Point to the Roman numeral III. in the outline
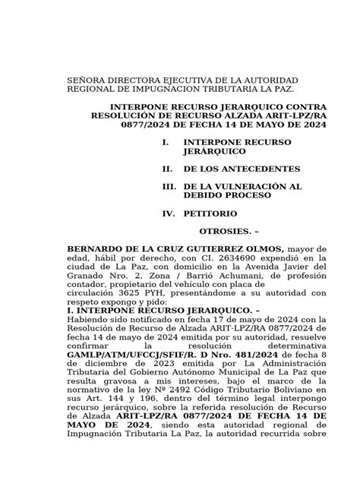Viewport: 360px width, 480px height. (158, 186)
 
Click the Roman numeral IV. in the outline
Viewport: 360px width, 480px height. (158, 215)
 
